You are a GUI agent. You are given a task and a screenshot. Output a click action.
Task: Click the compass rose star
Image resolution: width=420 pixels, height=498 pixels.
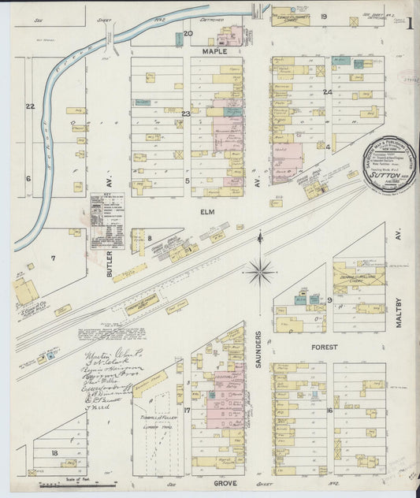point(259,273)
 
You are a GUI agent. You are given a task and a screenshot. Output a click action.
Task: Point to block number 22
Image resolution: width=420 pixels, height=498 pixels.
point(30,106)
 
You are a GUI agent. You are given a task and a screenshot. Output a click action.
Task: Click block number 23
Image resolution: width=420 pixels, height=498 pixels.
point(186,114)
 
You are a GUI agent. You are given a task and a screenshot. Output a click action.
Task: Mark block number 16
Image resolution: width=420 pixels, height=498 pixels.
point(329,411)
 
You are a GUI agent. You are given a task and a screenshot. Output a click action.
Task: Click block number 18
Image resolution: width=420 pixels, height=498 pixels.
point(54,452)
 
